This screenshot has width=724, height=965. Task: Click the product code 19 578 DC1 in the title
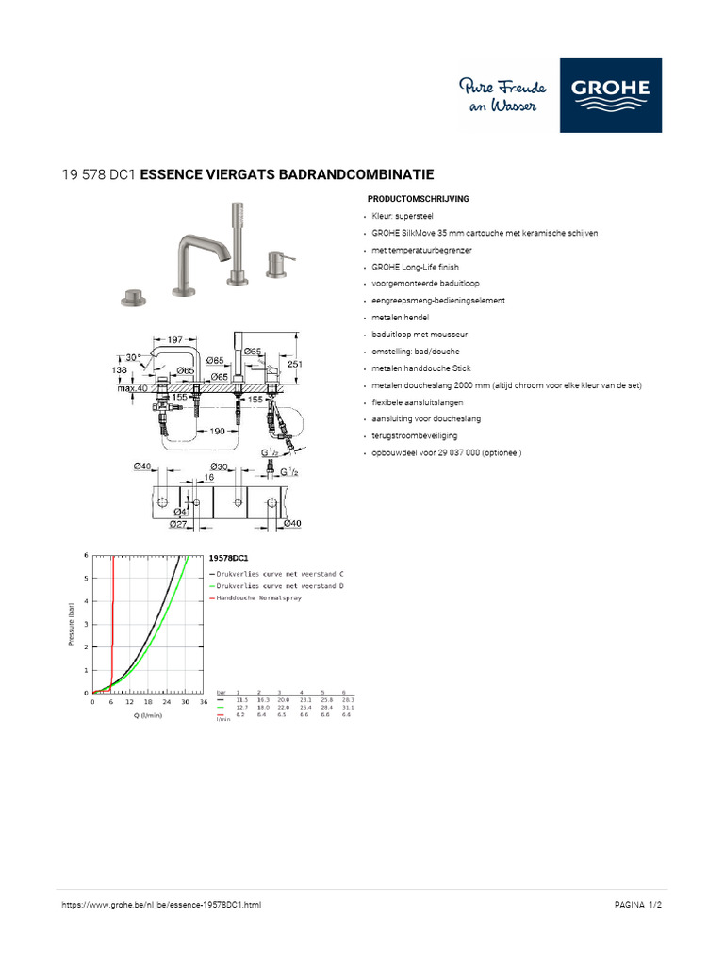pyautogui.click(x=99, y=174)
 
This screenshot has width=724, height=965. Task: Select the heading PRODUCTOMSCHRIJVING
pyautogui.click(x=417, y=199)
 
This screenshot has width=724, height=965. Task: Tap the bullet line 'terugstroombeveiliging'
pyautogui.click(x=414, y=436)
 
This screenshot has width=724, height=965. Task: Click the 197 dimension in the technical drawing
pyautogui.click(x=174, y=339)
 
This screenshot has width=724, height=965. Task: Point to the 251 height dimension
pyautogui.click(x=295, y=364)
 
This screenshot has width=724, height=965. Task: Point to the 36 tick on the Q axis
pyautogui.click(x=204, y=702)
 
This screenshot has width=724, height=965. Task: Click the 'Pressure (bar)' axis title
pyautogui.click(x=72, y=624)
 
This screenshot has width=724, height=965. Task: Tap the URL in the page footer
pyautogui.click(x=161, y=905)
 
